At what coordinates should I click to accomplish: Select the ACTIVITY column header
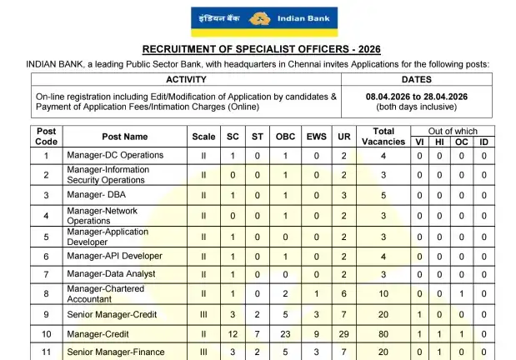tap(186, 80)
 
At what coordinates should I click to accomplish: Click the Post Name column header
tap(125, 137)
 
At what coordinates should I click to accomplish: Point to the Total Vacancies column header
tap(383, 137)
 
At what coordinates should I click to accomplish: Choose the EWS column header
tap(317, 137)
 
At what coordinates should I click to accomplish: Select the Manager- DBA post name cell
tap(98, 195)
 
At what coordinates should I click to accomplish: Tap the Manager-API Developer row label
tap(114, 256)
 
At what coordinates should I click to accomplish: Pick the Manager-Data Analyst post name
tap(111, 275)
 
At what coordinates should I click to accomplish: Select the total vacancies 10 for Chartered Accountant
tap(383, 294)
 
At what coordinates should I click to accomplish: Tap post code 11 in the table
tap(47, 352)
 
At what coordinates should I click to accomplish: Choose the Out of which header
tap(453, 131)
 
